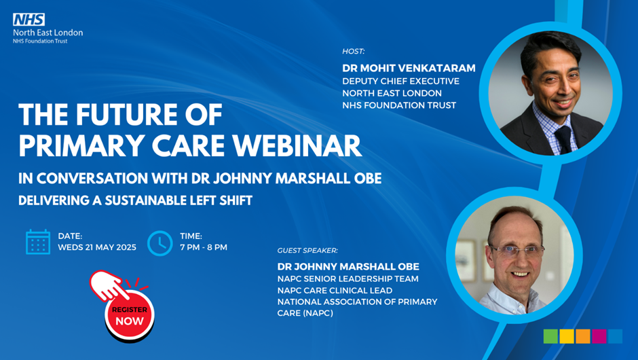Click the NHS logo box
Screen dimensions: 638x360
coord(29,20)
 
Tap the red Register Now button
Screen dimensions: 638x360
coord(130,316)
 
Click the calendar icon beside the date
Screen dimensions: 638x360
coord(38,242)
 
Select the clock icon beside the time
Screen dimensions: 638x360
coord(160,243)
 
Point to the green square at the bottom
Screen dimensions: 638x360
coord(550,336)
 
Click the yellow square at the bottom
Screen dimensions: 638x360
coord(567,336)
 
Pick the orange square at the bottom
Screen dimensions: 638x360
coord(582,336)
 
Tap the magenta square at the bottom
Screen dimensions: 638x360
coord(599,336)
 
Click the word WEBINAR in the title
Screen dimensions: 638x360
coord(297,145)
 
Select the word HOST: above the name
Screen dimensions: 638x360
coord(353,52)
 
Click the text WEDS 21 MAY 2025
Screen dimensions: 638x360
coord(97,247)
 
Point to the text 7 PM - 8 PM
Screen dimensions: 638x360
coord(204,247)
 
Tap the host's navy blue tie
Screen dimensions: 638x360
coord(564,139)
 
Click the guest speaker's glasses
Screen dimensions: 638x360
coord(517,250)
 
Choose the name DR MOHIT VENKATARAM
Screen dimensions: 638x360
coord(409,68)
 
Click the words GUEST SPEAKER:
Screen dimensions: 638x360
coord(307,251)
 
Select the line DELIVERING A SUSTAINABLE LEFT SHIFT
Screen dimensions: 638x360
coord(136,200)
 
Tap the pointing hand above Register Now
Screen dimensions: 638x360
coord(108,285)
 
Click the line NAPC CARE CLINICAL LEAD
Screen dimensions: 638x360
coord(335,290)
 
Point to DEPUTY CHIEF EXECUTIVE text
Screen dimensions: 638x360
coord(400,81)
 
